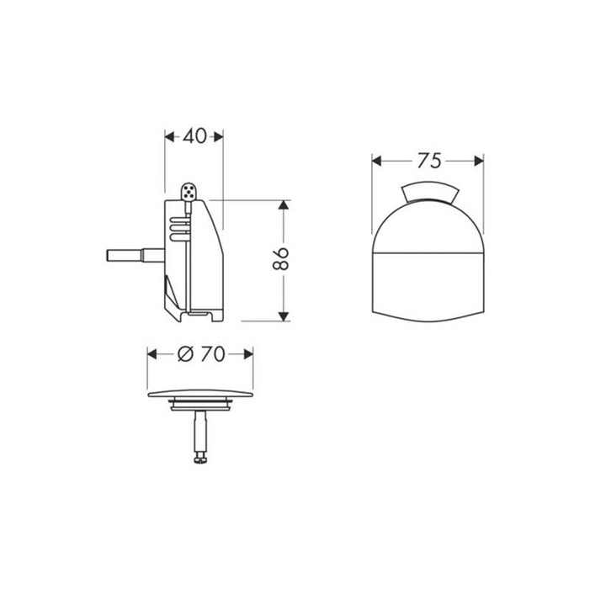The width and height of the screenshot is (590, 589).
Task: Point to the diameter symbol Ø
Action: pos(187,354)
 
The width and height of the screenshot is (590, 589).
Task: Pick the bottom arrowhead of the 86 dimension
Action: pos(284,316)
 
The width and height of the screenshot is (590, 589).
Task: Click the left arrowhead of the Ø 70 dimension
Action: pos(153,354)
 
